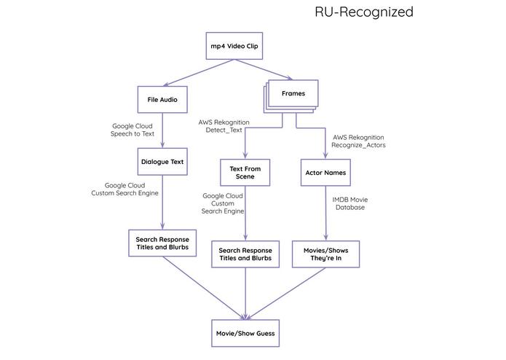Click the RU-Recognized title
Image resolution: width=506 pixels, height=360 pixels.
[363, 12]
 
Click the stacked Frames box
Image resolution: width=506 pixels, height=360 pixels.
[293, 95]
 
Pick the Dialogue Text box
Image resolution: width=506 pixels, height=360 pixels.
[162, 162]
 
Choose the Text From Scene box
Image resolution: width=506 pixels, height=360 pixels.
[245, 173]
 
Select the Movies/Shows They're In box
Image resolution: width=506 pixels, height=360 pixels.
[326, 253]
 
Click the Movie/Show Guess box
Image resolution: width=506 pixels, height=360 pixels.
[245, 332]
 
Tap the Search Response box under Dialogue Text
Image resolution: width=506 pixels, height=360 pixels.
[162, 243]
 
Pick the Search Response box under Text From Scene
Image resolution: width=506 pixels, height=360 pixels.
[245, 253]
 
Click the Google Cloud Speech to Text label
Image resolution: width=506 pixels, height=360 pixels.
[133, 130]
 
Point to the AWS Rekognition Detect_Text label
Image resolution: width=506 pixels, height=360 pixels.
[224, 125]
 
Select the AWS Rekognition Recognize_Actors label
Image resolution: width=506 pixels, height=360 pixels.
[357, 141]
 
